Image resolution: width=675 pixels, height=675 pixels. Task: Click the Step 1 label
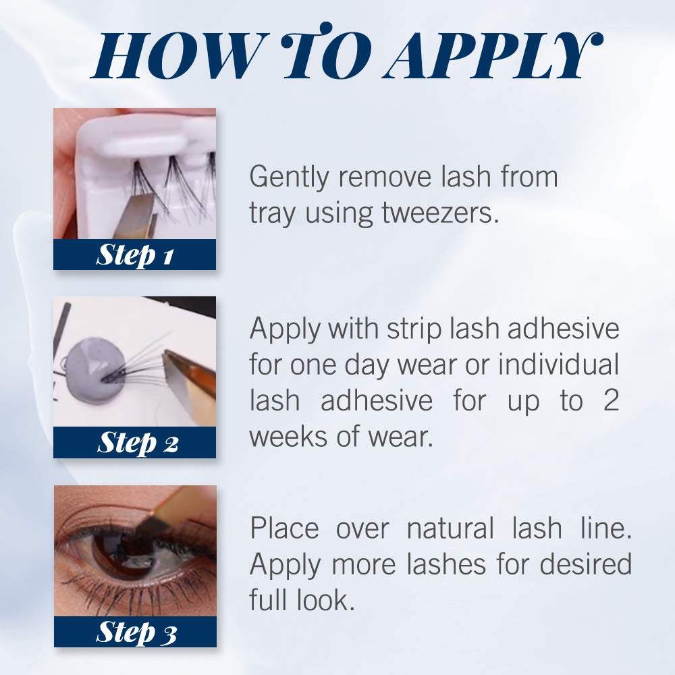pos(135,255)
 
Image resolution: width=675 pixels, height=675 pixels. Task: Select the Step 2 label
pos(137,443)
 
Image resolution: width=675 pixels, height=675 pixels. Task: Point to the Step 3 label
pos(136,632)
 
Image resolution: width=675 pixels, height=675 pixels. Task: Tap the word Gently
pos(289,178)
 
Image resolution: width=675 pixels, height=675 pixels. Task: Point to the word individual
pos(558,364)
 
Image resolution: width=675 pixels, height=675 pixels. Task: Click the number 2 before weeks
pos(610,400)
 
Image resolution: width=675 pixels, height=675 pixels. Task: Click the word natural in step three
pos(450,528)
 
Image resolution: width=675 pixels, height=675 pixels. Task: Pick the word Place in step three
pos(284,528)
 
